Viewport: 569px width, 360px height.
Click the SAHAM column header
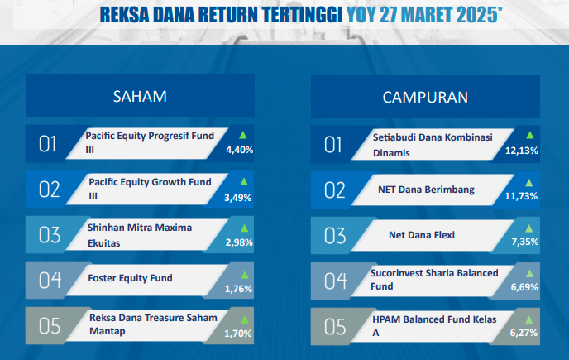point(140,96)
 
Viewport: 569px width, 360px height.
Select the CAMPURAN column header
point(425,98)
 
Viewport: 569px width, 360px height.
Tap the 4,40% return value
point(240,150)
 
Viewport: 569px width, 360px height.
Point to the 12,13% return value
point(522,151)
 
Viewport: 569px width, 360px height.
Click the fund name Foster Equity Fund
point(130,278)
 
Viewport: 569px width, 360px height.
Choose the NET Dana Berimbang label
point(426,190)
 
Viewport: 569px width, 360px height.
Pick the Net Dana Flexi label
point(422,235)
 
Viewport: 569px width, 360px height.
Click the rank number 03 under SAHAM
point(50,235)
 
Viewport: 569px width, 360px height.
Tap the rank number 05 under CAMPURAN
point(335,327)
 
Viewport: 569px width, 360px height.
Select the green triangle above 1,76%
point(245,275)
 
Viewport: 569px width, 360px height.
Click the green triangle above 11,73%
point(529,183)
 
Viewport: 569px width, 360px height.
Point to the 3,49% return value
point(237,198)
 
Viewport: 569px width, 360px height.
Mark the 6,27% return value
point(524,333)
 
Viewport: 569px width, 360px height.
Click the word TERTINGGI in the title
point(303,15)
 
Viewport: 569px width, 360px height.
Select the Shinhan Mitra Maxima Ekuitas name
point(140,235)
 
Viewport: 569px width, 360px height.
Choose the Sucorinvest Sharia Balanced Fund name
point(434,280)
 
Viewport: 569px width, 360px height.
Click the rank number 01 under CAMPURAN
point(332,145)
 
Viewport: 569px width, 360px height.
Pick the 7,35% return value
point(524,242)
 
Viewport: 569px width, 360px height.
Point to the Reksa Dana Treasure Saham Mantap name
point(153,324)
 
